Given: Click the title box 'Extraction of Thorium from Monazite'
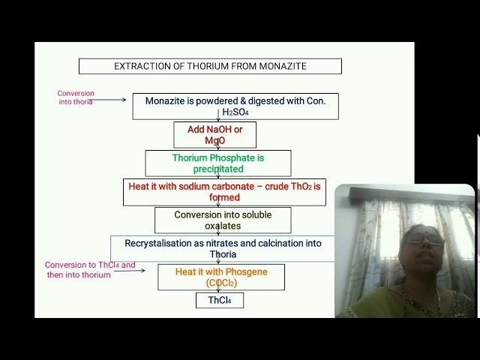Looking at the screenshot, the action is tap(210, 66).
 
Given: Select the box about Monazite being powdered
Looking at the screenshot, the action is tap(235, 106).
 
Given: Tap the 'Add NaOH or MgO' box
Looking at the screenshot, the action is tap(215, 135).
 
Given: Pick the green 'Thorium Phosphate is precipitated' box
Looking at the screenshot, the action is tap(218, 163).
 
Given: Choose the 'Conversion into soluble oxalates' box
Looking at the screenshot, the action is tap(223, 220).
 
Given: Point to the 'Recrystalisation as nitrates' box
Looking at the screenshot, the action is tap(223, 249).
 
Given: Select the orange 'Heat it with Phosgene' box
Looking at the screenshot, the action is tap(221, 277).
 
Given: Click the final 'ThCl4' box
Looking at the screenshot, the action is tap(220, 301).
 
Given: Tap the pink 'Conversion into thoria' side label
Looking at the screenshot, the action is tap(76, 97).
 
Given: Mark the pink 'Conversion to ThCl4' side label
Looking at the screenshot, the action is tap(89, 270).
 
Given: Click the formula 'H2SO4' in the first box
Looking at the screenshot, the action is tap(235, 112).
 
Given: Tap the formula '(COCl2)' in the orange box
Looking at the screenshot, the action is tap(221, 283).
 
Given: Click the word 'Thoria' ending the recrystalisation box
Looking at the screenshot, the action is tap(223, 255).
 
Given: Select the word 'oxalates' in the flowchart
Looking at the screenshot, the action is tap(223, 226).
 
